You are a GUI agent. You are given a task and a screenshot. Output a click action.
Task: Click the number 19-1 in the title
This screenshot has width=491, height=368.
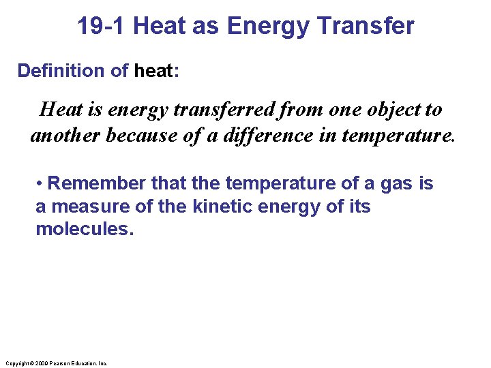point(102,26)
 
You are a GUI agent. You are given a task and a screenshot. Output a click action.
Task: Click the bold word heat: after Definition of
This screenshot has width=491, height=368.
point(157,71)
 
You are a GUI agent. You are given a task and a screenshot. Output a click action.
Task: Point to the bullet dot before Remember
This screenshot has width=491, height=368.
point(40,184)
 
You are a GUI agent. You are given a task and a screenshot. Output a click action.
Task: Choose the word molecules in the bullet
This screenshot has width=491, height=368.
point(82,228)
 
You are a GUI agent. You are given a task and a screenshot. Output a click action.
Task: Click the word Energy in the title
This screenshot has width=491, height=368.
point(269,26)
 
